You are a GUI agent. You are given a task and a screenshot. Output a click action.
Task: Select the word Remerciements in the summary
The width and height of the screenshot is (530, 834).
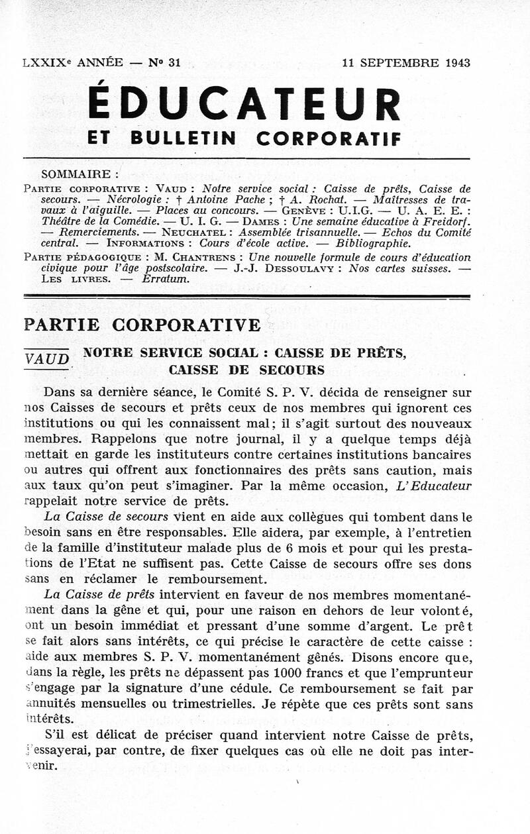[x=99, y=233]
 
